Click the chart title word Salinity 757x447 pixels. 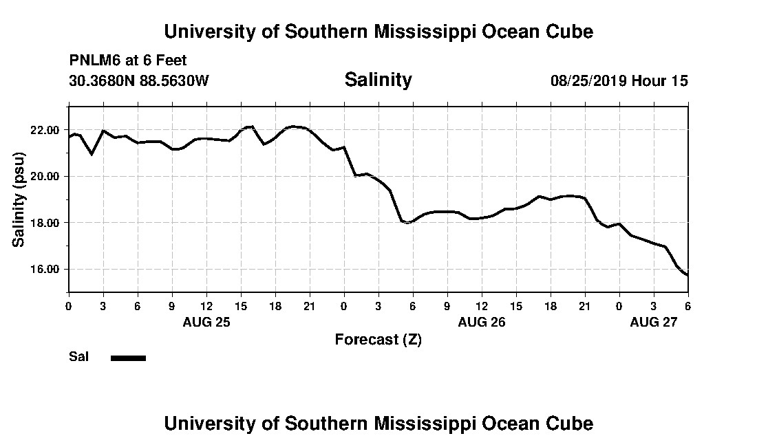pos(378,80)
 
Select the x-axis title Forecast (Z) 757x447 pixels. pos(378,340)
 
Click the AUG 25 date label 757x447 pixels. pos(206,322)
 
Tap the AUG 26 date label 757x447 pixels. pos(482,322)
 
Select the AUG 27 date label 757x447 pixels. pos(654,322)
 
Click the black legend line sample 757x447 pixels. pos(128,358)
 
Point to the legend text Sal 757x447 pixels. pos(78,357)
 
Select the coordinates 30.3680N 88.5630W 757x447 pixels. pos(139,81)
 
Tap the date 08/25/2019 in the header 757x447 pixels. pos(588,81)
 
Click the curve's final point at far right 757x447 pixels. pos(687,275)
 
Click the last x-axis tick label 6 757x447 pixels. pos(688,306)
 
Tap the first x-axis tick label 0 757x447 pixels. pos(69,306)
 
